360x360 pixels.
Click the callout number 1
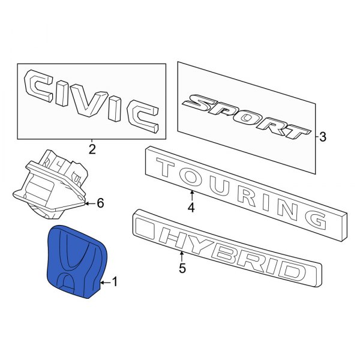116,281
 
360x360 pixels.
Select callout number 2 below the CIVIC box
92,149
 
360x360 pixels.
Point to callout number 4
191,208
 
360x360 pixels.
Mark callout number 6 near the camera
100,203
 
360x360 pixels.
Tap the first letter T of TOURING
167,168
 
